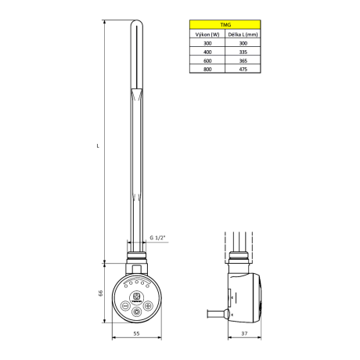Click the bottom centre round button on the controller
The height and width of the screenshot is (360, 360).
coord(138,311)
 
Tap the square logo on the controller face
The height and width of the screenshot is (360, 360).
coord(138,295)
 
